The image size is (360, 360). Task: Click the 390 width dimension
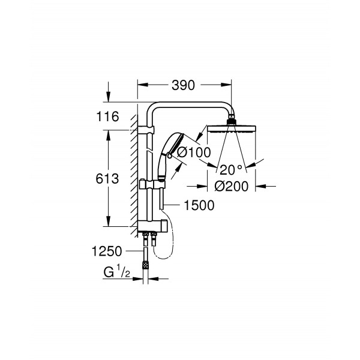pos(183,85)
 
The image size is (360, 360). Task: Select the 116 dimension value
pos(107,116)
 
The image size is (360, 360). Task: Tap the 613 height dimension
pos(107,179)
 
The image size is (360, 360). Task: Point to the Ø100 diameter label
pos(194,152)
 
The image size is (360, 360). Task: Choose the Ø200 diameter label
pos(232,186)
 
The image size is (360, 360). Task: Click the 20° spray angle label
pos(231,170)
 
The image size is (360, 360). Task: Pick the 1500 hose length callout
pos(199,205)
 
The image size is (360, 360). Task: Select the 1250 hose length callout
pos(107,251)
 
